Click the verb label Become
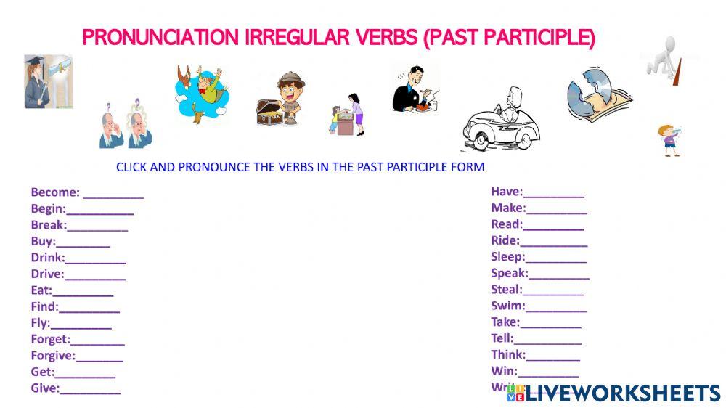(x=54, y=192)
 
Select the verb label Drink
(x=47, y=258)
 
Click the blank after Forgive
(x=99, y=357)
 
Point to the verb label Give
(x=44, y=388)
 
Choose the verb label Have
(x=506, y=192)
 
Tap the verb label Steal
(x=506, y=290)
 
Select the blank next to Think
(x=553, y=356)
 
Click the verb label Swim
(x=507, y=306)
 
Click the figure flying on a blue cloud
(x=201, y=92)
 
